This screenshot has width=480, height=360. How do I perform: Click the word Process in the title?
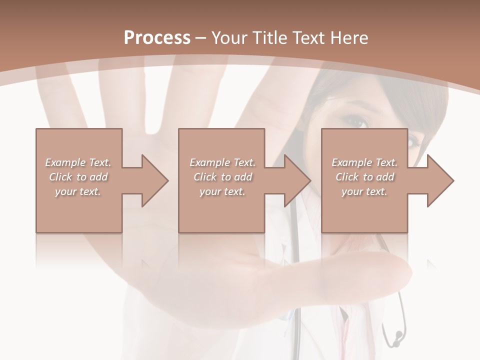(x=157, y=38)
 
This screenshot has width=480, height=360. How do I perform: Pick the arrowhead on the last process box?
(x=438, y=180)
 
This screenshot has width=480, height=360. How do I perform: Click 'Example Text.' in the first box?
(x=78, y=162)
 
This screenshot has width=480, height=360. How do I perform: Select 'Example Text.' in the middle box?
(x=222, y=162)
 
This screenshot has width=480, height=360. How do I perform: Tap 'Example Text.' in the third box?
(x=364, y=162)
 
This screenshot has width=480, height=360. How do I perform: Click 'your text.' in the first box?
(x=78, y=191)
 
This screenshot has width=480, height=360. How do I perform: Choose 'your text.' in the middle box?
(x=222, y=191)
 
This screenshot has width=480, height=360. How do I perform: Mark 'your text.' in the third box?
(x=364, y=191)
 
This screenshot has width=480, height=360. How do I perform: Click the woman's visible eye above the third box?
(x=356, y=120)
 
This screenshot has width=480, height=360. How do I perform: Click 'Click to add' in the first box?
(x=78, y=177)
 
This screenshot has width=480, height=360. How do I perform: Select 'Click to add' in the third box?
(x=365, y=177)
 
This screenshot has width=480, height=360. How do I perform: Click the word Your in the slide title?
(x=228, y=38)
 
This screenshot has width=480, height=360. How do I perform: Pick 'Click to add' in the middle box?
(x=222, y=177)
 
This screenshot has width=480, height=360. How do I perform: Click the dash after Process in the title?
(x=201, y=38)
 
